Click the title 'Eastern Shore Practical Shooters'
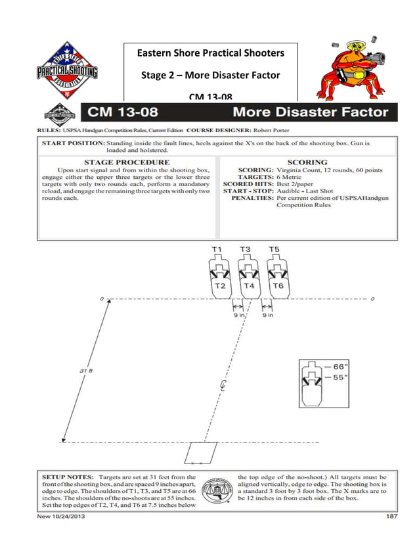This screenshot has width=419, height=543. point(210,53)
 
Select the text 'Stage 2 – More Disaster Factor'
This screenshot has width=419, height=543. point(210,75)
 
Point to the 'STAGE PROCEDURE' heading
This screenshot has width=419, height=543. point(127,162)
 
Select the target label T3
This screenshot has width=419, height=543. point(245,250)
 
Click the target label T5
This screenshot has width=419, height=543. point(275,250)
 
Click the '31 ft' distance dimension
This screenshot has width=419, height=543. point(85,371)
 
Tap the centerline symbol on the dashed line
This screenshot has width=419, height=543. point(224,387)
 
